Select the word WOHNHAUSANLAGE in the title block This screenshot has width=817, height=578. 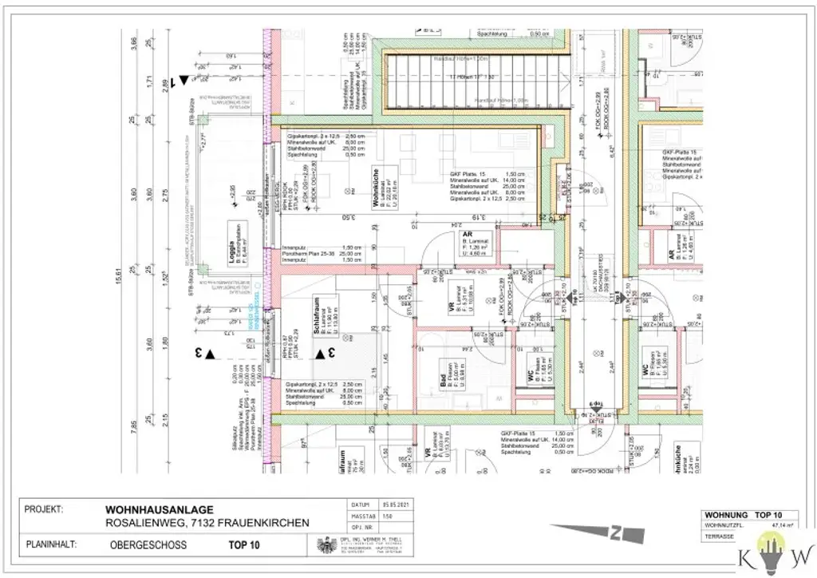[x=159, y=509]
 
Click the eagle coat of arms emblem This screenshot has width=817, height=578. [x=324, y=546]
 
